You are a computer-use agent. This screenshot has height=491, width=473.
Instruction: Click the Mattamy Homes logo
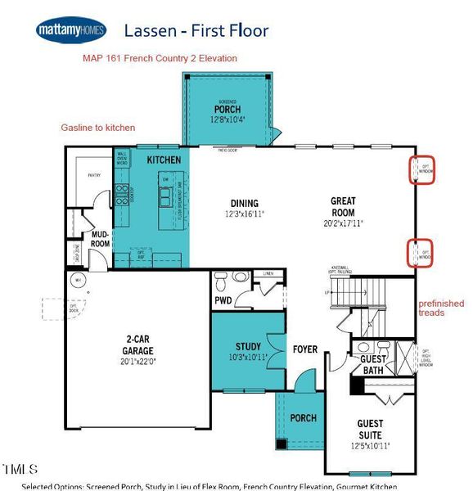click(70, 30)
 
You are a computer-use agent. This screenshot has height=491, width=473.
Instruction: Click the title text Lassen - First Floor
click(196, 31)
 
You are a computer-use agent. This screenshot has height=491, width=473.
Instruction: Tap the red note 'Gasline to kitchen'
click(98, 128)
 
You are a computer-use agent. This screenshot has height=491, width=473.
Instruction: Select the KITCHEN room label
click(164, 160)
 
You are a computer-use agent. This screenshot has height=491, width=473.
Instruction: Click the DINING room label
click(244, 204)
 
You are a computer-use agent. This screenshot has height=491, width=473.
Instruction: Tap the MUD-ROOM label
click(100, 238)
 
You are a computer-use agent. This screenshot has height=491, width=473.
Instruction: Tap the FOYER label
click(304, 349)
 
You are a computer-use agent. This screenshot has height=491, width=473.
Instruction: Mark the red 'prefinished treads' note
click(441, 308)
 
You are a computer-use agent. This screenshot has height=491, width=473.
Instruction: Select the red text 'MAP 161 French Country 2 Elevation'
click(160, 59)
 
